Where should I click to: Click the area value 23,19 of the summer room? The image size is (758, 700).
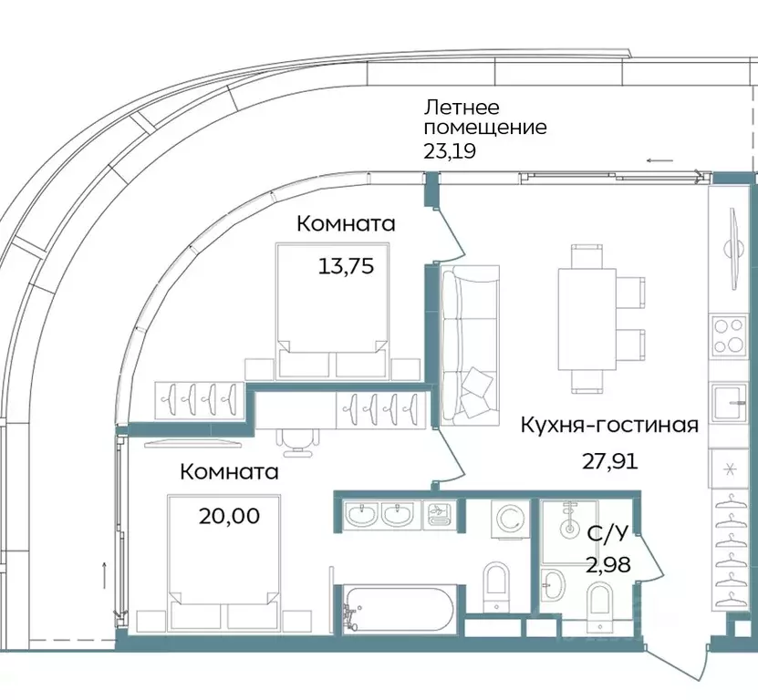click(449, 151)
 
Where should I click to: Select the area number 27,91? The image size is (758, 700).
click(609, 460)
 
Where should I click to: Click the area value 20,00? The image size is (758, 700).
click(229, 516)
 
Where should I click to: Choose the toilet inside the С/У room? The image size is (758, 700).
click(601, 603)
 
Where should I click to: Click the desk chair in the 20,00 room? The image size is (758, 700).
click(298, 441)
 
